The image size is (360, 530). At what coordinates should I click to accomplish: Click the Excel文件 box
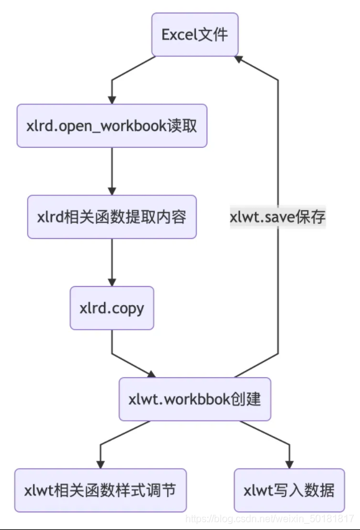[195, 34]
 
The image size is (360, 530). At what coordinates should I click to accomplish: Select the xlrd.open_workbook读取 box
[112, 126]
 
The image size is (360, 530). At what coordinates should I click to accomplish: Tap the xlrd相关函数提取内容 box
[112, 217]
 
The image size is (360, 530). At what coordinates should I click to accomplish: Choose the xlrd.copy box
[112, 308]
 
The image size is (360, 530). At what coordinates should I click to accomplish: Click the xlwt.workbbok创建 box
[195, 399]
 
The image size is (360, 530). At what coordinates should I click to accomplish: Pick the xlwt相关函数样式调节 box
[100, 490]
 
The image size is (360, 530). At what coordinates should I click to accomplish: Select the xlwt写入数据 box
[289, 490]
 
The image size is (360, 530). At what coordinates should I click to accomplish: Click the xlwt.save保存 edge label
[277, 217]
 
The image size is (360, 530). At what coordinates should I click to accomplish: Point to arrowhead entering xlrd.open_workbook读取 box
[112, 99]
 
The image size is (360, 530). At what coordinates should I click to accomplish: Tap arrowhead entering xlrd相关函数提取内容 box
[112, 191]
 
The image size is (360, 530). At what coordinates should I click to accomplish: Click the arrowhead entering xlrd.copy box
[112, 281]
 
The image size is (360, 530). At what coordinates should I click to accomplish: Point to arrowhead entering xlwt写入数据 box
[289, 464]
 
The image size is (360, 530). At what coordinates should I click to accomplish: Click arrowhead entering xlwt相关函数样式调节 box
[100, 464]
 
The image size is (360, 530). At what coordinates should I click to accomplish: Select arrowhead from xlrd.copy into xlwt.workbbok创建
[152, 373]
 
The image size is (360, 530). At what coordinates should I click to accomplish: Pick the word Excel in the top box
[178, 34]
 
